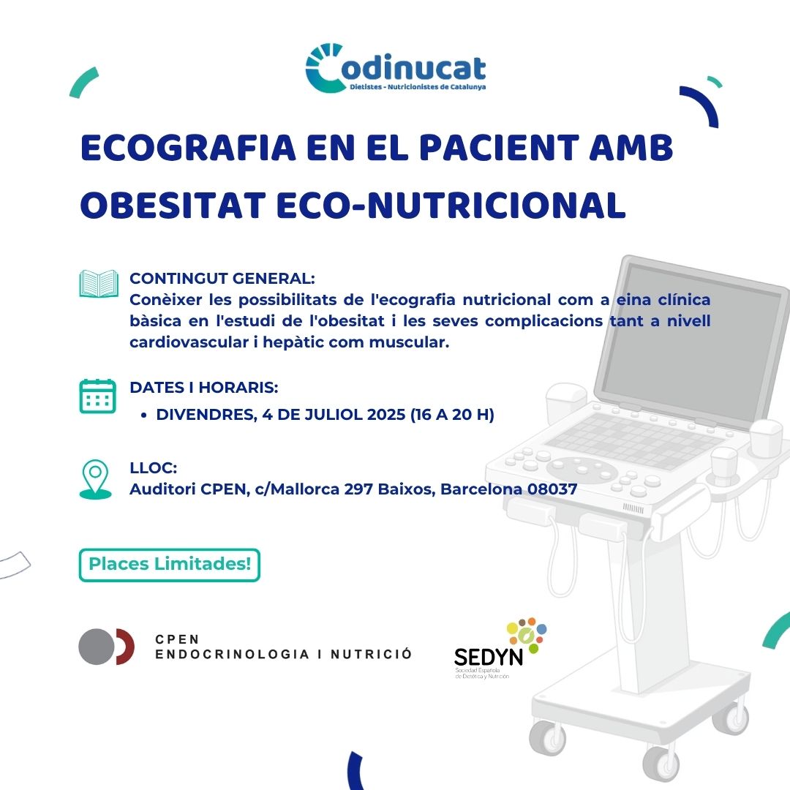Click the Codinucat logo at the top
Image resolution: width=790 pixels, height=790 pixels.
click(x=396, y=68)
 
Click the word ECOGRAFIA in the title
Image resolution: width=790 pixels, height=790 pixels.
click(x=188, y=148)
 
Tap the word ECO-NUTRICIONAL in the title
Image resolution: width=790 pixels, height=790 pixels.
click(x=451, y=206)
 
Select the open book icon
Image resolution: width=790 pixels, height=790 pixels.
click(x=99, y=284)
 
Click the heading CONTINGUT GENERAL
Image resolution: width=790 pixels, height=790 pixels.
click(x=222, y=278)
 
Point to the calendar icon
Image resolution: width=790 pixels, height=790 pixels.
click(x=98, y=396)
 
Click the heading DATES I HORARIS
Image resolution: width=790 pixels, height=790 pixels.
click(x=203, y=388)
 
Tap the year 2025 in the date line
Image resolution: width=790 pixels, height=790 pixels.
click(x=386, y=414)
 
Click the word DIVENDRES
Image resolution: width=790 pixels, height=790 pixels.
click(x=206, y=415)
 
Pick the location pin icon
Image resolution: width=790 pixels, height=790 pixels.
click(x=95, y=478)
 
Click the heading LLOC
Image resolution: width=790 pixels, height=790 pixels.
click(x=153, y=467)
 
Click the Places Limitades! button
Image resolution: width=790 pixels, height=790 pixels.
click(x=169, y=565)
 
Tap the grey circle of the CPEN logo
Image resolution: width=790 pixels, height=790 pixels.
click(x=97, y=647)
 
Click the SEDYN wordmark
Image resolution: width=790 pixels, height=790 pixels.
click(x=488, y=657)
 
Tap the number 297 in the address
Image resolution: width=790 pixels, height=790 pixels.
click(x=358, y=489)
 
